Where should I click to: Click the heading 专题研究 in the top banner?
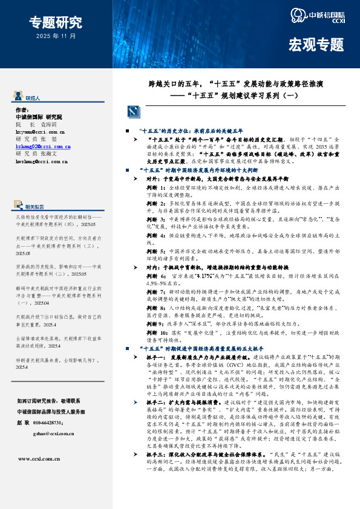pos(55,23)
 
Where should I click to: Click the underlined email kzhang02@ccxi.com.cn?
pos(41,146)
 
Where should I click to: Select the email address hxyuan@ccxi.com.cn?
pos(40,131)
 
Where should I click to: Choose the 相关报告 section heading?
pos(35,207)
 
